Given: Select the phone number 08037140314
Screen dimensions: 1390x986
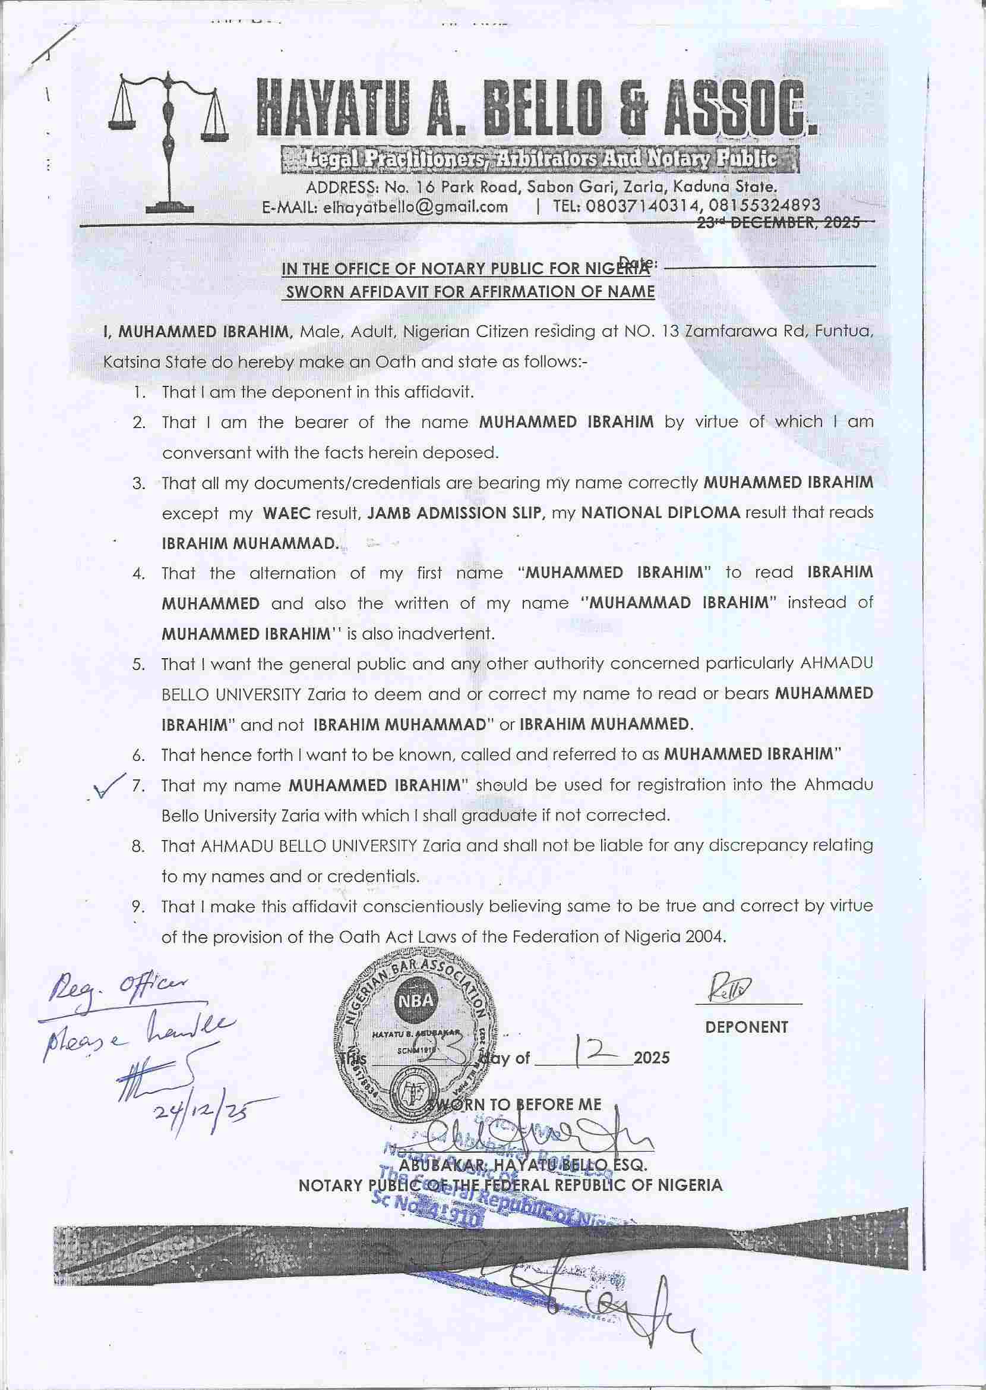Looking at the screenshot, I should [641, 206].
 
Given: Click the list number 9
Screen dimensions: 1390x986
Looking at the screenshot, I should [138, 907].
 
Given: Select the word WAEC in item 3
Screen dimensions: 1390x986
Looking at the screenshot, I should [286, 512].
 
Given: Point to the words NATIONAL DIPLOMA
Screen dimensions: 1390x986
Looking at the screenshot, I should [661, 512].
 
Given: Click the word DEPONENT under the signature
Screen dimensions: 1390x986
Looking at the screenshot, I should [747, 1027].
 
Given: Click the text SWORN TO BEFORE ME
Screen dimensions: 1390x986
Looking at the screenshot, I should [516, 1104].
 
